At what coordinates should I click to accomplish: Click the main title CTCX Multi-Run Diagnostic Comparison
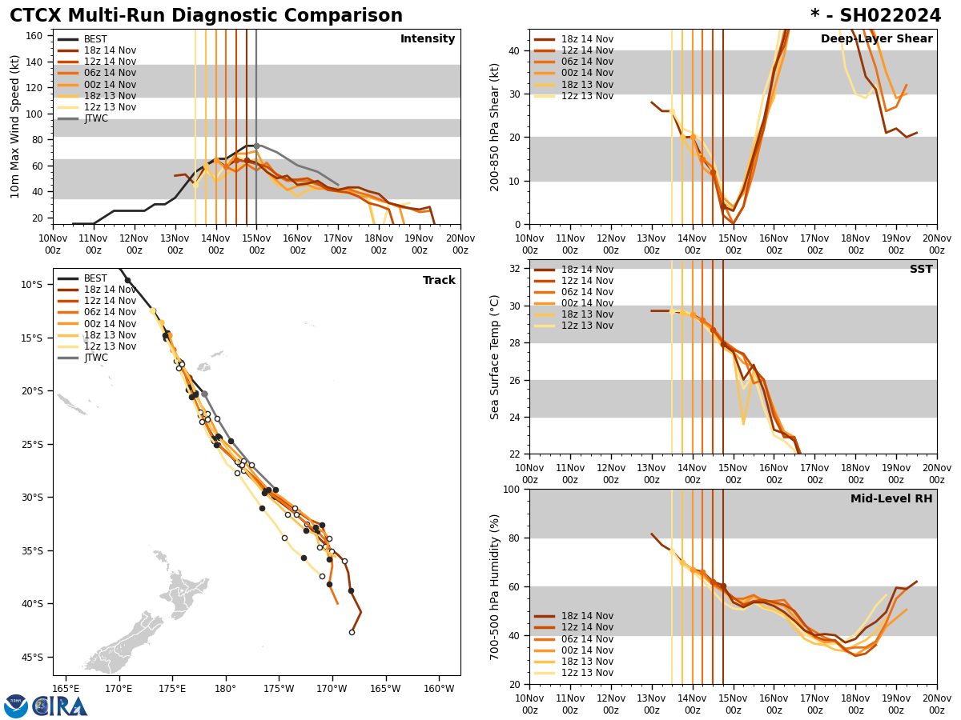[x=206, y=16]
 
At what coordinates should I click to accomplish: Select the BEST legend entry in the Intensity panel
[x=94, y=39]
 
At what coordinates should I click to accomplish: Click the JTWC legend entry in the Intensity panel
[x=95, y=118]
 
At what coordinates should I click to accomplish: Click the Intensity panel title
[x=427, y=39]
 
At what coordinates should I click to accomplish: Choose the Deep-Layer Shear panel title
[x=876, y=39]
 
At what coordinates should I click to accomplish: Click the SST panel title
[x=920, y=270]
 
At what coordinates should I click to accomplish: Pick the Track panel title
[x=439, y=281]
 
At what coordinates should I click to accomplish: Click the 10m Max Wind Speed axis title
[x=15, y=126]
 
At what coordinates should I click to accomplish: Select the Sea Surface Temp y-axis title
[x=495, y=357]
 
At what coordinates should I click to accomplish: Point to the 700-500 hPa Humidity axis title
[x=495, y=586]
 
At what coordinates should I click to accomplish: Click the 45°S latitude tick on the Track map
[x=31, y=658]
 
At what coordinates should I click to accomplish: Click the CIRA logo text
[x=61, y=706]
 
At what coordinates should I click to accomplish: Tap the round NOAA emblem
[x=16, y=706]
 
